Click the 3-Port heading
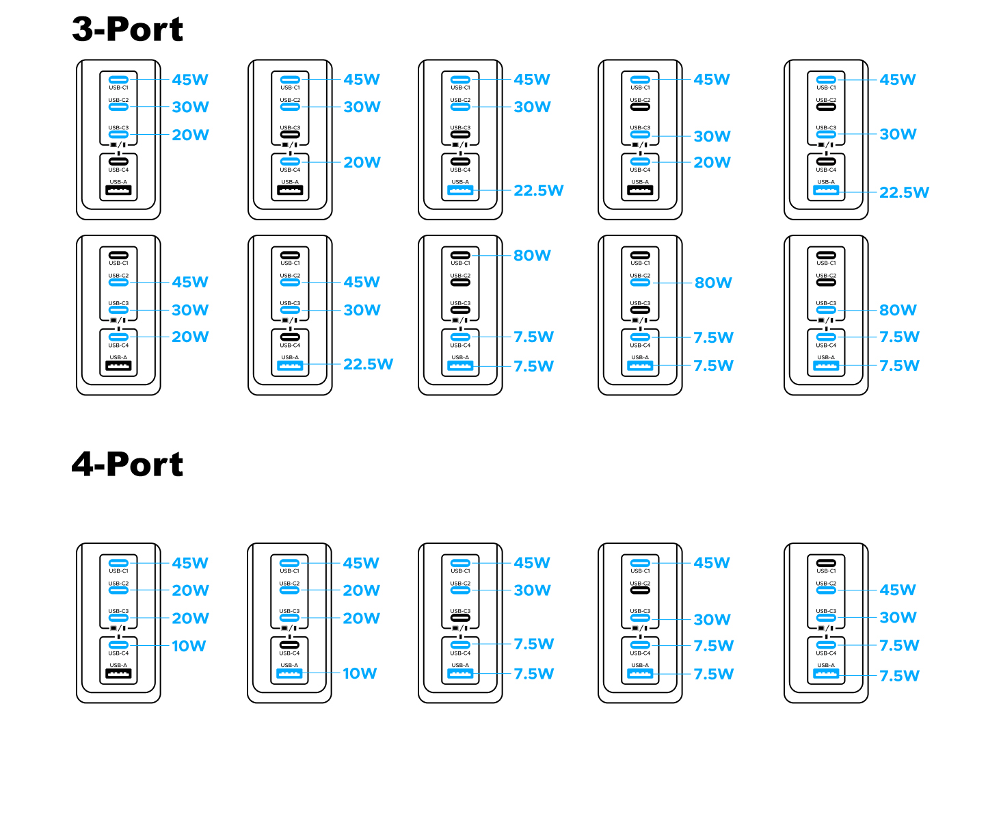point(127,29)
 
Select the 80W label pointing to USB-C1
point(531,255)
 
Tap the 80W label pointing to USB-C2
point(713,283)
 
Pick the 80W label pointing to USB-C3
point(898,310)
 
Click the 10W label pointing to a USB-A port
point(359,673)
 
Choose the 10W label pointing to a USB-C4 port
point(189,646)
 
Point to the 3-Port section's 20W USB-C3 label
point(190,135)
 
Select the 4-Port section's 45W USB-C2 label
point(898,590)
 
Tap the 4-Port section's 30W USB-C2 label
point(532,590)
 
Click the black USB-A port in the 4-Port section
point(118,673)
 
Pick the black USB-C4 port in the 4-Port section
point(289,645)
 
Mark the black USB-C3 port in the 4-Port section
point(460,618)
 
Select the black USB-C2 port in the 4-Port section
point(640,590)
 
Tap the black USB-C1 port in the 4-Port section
point(826,563)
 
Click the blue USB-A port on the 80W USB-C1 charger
point(460,365)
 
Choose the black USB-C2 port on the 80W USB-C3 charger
point(826,283)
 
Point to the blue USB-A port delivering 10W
point(289,673)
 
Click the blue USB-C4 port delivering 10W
point(118,645)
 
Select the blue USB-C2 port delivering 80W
point(640,283)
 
